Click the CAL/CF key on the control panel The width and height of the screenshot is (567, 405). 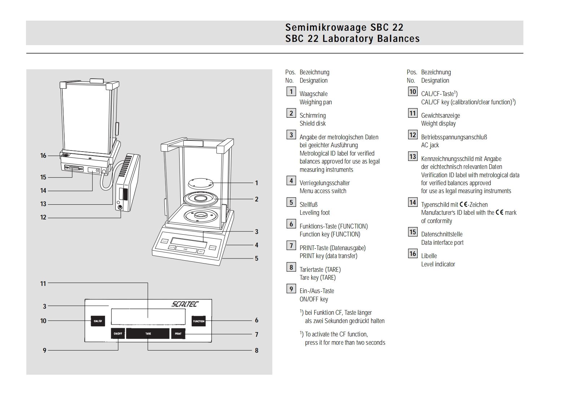point(98,321)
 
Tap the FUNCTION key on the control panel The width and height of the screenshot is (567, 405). point(198,321)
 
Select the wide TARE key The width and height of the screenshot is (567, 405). point(148,334)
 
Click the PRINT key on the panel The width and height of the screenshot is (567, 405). point(178,334)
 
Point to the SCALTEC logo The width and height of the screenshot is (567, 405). point(185,304)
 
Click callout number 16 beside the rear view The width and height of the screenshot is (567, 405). point(43,156)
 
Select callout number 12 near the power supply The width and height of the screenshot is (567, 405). point(43,217)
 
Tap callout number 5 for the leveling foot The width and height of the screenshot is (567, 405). point(256,258)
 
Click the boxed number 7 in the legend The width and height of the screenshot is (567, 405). point(291,246)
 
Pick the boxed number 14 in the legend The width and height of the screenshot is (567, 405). point(413,202)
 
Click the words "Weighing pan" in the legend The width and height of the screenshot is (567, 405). point(316,102)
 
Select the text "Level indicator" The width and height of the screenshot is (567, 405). point(438,264)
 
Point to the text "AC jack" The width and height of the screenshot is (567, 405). point(430,145)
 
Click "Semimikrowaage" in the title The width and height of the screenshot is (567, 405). point(326,27)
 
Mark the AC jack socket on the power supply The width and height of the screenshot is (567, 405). point(120,207)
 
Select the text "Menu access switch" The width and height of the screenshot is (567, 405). point(323,191)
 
